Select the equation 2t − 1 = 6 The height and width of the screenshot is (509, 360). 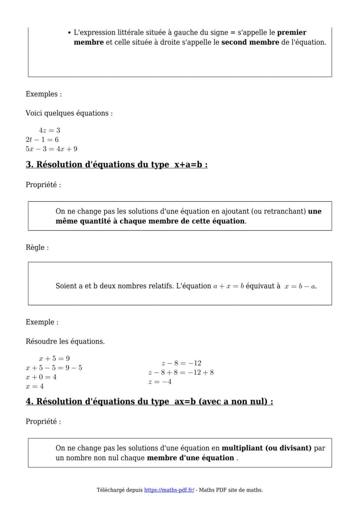click(42, 140)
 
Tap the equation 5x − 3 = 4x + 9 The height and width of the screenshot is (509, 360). click(51, 149)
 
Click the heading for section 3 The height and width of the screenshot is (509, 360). click(117, 165)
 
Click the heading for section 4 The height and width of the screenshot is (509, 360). click(149, 402)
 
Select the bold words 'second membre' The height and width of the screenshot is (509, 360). click(250, 43)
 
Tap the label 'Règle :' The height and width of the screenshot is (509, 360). click(37, 247)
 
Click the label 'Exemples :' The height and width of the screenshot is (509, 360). click(43, 94)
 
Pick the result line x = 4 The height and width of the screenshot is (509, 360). click(34, 386)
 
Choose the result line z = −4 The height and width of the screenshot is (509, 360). click(160, 382)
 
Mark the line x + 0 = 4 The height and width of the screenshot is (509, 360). click(41, 377)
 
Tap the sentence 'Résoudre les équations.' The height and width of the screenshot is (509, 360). click(65, 341)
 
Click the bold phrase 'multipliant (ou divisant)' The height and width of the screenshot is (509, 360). click(267, 448)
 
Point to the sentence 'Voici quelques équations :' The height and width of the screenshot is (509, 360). click(69, 113)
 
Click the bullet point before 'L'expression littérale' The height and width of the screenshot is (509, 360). click(70, 33)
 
